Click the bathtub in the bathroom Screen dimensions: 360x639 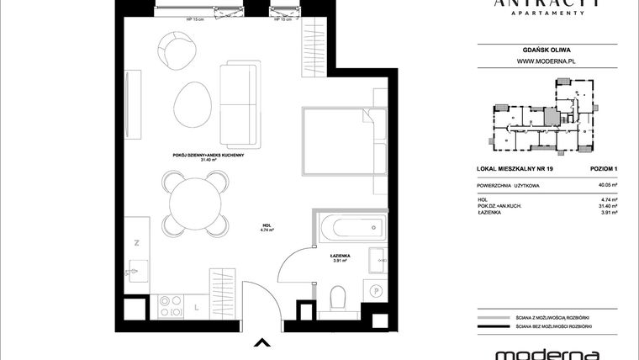coord(351,227)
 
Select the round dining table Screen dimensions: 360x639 coord(194,203)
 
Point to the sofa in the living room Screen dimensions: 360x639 coord(239,103)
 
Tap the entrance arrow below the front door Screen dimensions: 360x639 coord(262,342)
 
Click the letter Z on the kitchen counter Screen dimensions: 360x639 coord(136,241)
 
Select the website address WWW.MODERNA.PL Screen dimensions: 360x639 coord(545,61)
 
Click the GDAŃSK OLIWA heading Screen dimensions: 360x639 coord(545,48)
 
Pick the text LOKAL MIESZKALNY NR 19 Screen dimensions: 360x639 coord(510,169)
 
